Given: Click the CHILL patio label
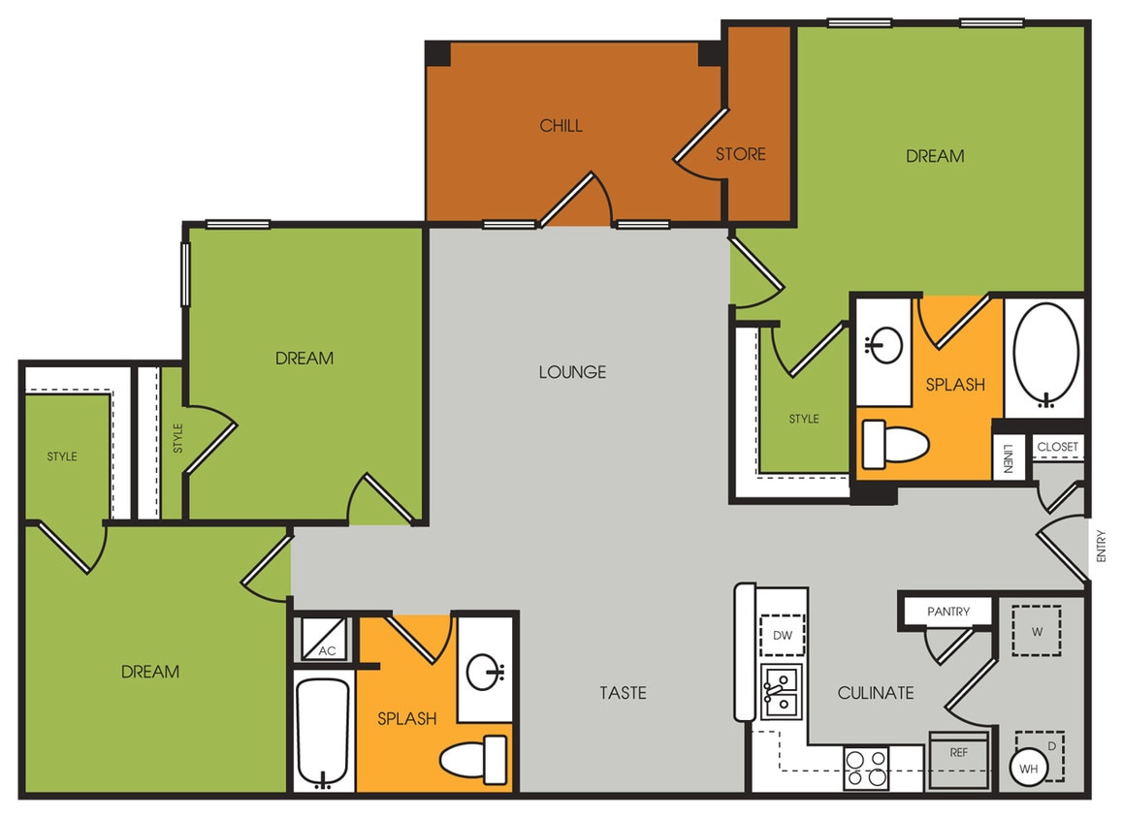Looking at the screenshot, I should coord(561,126).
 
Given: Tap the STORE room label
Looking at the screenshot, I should coord(741,154).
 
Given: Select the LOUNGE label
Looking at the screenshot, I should coord(572,372).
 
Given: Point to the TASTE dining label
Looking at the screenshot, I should coord(623,693).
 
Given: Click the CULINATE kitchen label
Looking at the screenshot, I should coord(876,693).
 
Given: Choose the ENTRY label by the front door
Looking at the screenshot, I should coord(1101,546).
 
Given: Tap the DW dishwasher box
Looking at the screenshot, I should coord(783,636).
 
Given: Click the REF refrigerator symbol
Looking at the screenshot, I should coord(959,753).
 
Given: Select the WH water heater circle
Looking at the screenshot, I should coord(1029,770).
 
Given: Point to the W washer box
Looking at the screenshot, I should coord(1037,632).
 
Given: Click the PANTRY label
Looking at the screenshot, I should coord(947,612).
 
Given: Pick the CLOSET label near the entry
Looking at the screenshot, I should coord(1057,447).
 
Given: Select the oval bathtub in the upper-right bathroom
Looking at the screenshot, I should coord(1045,354).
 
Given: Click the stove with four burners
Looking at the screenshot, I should coord(866,768).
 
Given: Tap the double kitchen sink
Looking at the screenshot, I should coord(782,691).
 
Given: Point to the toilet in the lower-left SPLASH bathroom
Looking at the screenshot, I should coord(472,760).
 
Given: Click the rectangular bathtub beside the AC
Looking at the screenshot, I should coord(323,734).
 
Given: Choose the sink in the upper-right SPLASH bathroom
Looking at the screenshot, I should coord(884,345).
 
